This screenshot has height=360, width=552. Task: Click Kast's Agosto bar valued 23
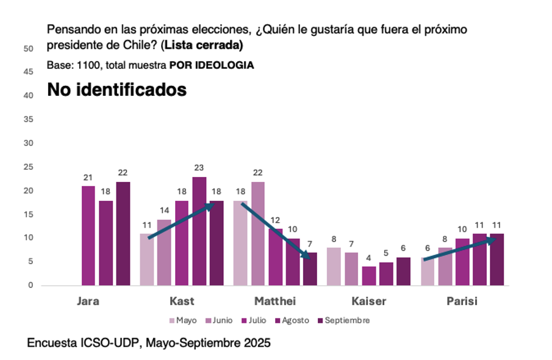click(199, 231)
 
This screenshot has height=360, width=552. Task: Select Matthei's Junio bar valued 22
click(258, 234)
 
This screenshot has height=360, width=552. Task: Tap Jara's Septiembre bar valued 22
click(123, 234)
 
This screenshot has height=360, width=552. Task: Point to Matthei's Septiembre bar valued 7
click(310, 269)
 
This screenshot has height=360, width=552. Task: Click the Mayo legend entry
click(182, 320)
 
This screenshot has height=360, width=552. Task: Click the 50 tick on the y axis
click(28, 49)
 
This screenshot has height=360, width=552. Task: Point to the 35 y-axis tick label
click(28, 120)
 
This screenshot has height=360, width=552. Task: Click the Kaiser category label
click(369, 301)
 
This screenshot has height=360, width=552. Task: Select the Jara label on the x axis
click(88, 301)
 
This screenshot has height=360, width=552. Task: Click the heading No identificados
click(116, 90)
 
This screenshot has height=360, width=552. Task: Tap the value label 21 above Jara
click(88, 178)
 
